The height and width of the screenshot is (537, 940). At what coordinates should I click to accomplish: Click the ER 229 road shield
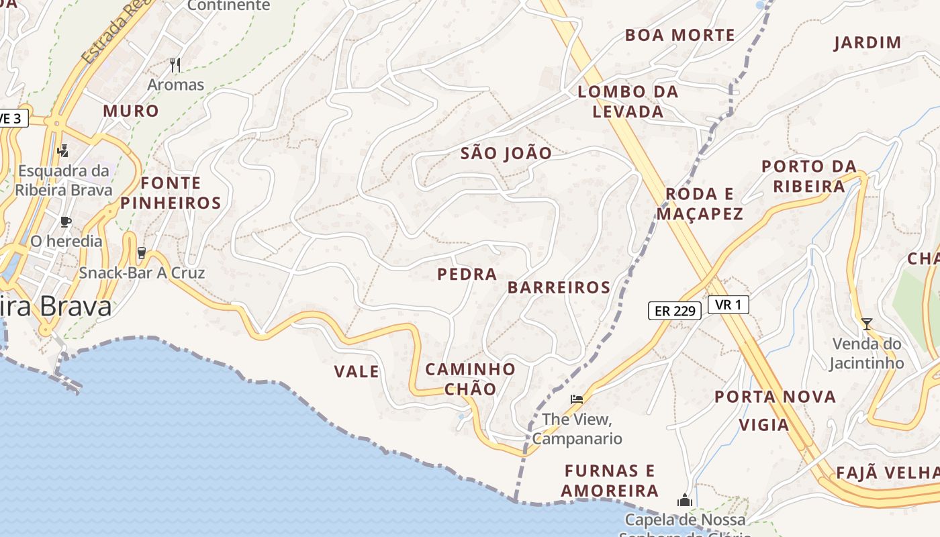click(675, 310)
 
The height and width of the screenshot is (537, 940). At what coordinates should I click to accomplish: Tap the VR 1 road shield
click(728, 305)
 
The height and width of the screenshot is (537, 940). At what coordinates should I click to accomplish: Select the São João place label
click(506, 153)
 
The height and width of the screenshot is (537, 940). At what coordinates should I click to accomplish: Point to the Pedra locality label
click(467, 274)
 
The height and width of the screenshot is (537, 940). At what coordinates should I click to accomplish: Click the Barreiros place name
click(559, 287)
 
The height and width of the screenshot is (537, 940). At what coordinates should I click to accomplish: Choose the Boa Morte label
click(679, 35)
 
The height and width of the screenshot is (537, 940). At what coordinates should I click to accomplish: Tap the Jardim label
click(867, 43)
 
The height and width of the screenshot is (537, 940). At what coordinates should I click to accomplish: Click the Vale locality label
click(357, 371)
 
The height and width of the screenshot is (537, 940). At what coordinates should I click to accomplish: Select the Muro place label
click(131, 111)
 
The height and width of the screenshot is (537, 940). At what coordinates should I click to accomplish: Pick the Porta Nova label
click(775, 397)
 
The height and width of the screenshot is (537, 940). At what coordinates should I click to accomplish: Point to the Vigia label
click(764, 424)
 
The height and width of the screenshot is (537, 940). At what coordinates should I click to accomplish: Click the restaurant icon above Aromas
click(175, 64)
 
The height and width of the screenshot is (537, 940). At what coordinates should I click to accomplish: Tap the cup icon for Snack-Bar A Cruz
click(141, 253)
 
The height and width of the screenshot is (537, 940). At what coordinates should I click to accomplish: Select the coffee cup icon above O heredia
click(65, 222)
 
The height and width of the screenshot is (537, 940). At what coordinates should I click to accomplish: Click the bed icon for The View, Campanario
click(576, 399)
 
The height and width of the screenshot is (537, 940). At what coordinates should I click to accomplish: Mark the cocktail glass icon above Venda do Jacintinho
click(867, 324)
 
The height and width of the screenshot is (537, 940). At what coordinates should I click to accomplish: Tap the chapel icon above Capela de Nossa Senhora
click(685, 500)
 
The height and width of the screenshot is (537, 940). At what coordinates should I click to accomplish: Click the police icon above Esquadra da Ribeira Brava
click(63, 150)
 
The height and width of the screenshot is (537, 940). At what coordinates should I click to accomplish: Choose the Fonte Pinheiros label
click(171, 193)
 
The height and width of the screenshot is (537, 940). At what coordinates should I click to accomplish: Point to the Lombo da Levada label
click(628, 101)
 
